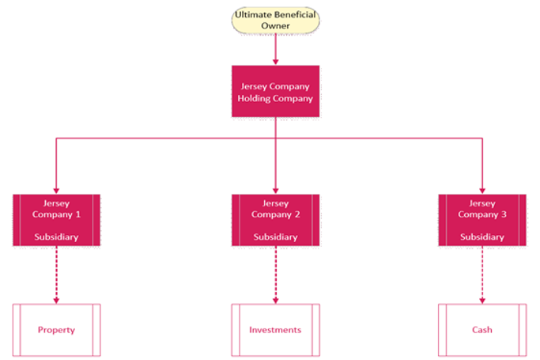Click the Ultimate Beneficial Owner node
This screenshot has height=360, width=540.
pos(275,21)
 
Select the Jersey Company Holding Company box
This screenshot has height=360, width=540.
pos(275,91)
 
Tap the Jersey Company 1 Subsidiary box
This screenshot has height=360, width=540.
pos(56,219)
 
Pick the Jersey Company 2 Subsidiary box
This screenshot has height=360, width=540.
pos(275,219)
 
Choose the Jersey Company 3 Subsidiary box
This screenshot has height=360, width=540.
pos(481,219)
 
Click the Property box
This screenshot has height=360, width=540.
pos(56,329)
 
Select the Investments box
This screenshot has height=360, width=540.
pos(275,329)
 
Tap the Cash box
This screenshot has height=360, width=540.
pos(481,329)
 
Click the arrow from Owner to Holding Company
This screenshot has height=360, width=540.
pos(275,49)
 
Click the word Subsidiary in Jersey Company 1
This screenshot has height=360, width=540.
pos(56,237)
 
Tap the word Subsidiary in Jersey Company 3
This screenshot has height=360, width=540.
pos(481,237)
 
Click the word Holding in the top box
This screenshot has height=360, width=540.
pos(255,99)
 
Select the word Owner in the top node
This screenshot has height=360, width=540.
pos(275,25)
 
